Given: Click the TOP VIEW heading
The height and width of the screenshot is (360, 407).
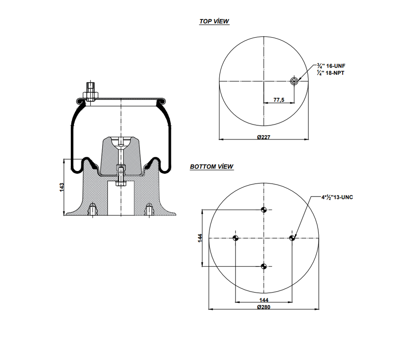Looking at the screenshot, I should point(214,21).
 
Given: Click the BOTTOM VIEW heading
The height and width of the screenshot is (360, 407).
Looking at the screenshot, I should point(211,167).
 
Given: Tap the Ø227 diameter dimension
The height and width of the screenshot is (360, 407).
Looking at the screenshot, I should point(264,137).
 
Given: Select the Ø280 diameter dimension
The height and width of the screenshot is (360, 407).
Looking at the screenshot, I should point(264,307).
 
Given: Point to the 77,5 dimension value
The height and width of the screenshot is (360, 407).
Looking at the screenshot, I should point(279,100).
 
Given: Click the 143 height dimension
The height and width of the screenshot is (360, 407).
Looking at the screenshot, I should point(62,187).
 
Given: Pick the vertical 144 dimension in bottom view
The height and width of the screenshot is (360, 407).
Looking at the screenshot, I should point(200,238).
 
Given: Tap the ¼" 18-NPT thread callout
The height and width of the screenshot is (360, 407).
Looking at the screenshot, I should point(330,73).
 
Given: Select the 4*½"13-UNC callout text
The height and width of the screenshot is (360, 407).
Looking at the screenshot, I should point(337,197).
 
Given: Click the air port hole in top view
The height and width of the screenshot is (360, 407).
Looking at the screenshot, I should point(294,82).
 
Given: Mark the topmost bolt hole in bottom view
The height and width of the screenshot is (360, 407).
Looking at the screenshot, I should point(264,210).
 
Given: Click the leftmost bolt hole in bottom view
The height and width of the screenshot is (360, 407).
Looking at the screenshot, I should point(235,238).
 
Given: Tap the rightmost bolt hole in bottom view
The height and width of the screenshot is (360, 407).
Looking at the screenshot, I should point(292,238).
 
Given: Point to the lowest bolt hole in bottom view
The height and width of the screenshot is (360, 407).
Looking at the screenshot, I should point(264,266).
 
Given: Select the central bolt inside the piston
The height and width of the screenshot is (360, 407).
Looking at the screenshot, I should point(121,175).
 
